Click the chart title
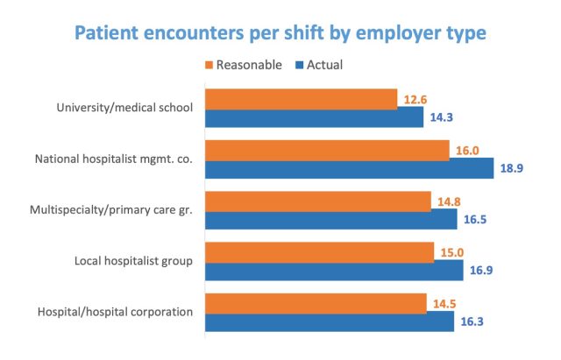click(280, 35)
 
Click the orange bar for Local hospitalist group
click(319, 252)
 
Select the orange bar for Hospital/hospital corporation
click(316, 303)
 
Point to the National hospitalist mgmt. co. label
click(113, 159)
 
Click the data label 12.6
click(415, 100)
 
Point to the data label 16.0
click(467, 151)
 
